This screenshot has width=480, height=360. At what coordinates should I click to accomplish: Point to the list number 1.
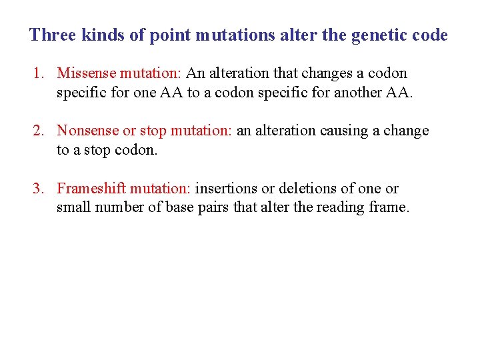pos(38,73)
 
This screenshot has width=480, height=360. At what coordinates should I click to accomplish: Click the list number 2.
pos(38,131)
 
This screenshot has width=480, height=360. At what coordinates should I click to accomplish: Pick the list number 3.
pos(38,189)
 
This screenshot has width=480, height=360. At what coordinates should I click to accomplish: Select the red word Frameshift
pos(89,189)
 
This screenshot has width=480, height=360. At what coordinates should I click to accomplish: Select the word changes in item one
pos(321,73)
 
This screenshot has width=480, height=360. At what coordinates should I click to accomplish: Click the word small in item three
pos(74,208)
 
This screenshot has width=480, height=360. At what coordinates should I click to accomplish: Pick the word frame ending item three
pos(388,208)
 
